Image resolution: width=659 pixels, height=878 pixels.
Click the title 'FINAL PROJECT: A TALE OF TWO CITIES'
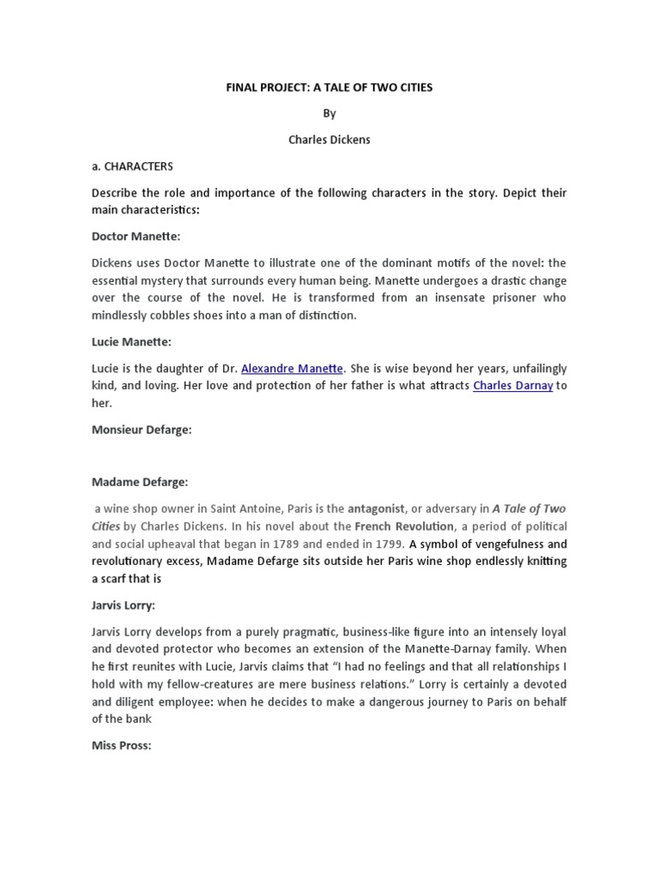pos(329,88)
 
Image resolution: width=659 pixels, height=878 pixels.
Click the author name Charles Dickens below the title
pos(329,140)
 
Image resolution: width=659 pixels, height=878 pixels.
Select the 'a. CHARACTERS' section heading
pos(132,166)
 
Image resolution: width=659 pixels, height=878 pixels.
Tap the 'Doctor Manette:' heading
pos(136,235)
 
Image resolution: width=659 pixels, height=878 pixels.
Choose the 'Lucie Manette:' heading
pos(131,342)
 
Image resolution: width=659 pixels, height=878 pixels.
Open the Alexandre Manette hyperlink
pos(292,368)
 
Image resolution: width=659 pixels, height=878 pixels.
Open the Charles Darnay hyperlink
pos(512,386)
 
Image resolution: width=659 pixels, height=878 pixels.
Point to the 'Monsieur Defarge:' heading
pos(142,430)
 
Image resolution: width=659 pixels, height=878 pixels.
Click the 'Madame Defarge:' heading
pos(139,483)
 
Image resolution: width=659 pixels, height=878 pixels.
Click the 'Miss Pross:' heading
pos(121,746)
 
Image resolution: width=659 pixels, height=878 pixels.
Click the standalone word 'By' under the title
pos(329,114)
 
